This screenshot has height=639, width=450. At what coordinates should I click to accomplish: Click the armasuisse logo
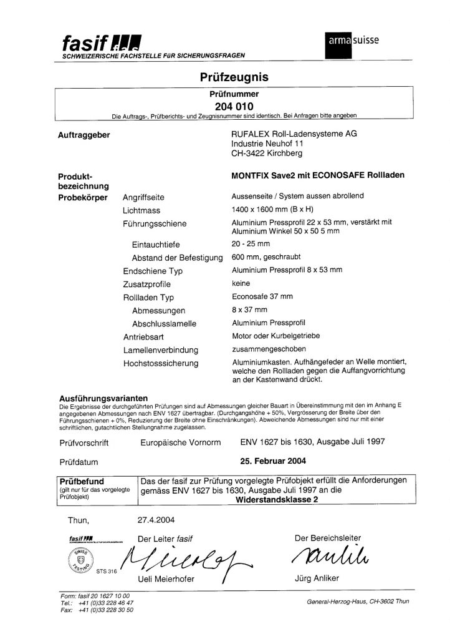tap(353, 40)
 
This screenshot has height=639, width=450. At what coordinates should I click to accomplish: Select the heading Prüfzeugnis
tap(225, 77)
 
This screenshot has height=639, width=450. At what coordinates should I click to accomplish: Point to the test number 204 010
tap(225, 105)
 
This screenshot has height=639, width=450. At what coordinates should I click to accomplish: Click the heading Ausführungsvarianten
tap(102, 398)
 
